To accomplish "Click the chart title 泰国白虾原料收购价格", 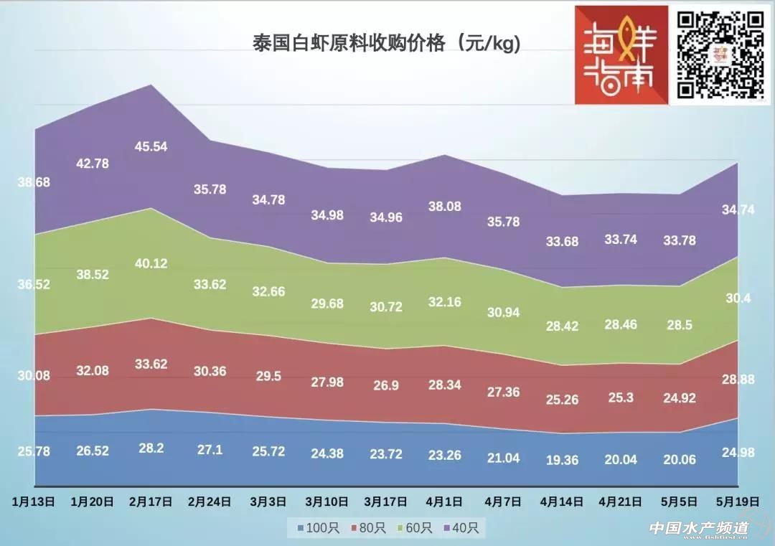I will pyautogui.click(x=386, y=42).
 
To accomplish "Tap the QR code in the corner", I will pyautogui.click(x=720, y=55).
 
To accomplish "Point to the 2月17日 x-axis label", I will pyautogui.click(x=151, y=502).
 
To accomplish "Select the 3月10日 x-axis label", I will pyautogui.click(x=327, y=502).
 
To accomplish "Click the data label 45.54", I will pyautogui.click(x=151, y=147).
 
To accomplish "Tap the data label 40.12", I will pyautogui.click(x=151, y=264).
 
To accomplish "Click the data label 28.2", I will pyautogui.click(x=151, y=448).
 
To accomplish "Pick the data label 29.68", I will pyautogui.click(x=327, y=304).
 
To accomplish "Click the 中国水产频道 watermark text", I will pyautogui.click(x=699, y=528).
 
